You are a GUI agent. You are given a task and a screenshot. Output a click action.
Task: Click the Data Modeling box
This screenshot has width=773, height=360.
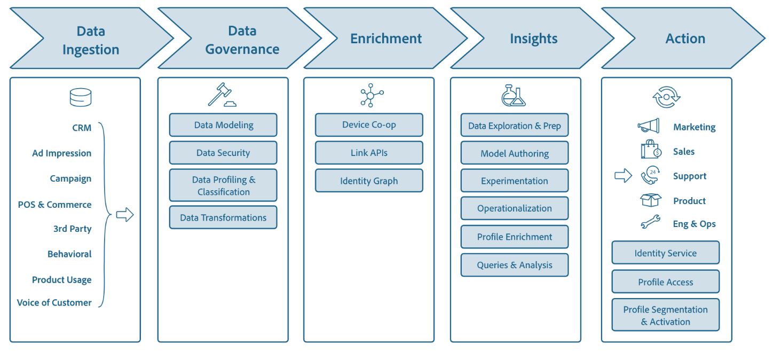tap(223, 125)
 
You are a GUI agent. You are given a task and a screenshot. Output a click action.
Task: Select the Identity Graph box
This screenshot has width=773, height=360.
tap(369, 181)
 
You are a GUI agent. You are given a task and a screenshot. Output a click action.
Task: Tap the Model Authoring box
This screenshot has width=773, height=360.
tap(515, 153)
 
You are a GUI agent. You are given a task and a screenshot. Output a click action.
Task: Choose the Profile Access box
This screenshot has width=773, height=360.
tap(665, 282)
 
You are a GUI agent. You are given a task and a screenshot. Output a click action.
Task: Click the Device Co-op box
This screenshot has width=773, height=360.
tap(369, 125)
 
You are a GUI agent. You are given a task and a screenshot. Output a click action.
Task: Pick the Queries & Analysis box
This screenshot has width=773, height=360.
tap(515, 265)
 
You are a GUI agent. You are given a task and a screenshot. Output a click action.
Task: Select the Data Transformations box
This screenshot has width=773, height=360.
tap(223, 217)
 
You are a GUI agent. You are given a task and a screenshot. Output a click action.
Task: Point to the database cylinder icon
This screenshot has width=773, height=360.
tap(81, 98)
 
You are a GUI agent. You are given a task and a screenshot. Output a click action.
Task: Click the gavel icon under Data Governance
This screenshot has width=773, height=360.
tap(222, 96)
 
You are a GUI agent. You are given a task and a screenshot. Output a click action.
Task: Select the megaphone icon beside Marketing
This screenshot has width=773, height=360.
tap(649, 126)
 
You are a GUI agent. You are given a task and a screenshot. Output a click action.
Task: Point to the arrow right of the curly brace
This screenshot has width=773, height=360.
tap(125, 215)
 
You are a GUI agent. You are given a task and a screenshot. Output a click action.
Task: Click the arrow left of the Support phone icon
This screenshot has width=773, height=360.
tap(623, 176)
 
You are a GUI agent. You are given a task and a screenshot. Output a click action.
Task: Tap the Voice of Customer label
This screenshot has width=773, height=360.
tap(54, 302)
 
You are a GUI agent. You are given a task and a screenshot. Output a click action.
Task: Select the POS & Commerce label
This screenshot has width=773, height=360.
tap(54, 205)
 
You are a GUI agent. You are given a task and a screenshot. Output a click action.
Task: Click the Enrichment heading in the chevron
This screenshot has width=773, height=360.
tap(386, 38)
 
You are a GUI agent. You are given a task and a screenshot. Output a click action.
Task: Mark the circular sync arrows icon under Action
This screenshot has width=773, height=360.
tap(666, 98)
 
